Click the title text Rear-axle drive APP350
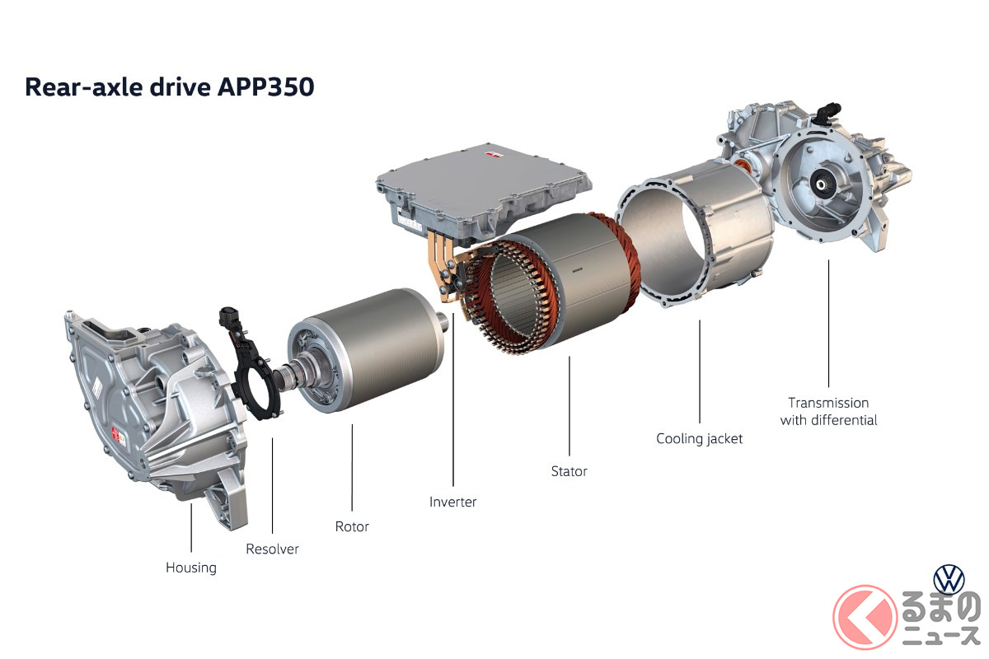coord(170,87)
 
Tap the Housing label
coord(191,568)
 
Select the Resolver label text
coord(273,549)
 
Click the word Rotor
coord(352,526)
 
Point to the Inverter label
coord(453,502)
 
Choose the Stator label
coord(569,471)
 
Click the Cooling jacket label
coord(700,439)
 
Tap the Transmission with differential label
coord(829,411)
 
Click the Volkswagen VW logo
coord(949,579)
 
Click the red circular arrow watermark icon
coord(865,617)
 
